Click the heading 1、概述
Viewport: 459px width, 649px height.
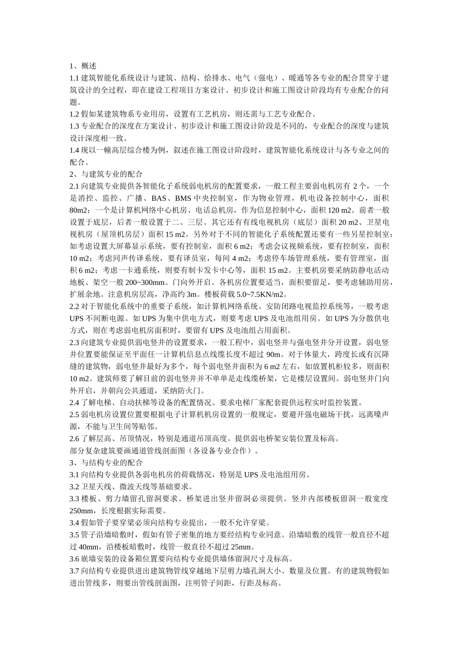coord(83,66)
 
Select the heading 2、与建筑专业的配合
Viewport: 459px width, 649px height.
coord(106,174)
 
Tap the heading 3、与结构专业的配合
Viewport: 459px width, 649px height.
coord(106,463)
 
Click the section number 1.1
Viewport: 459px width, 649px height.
coord(74,78)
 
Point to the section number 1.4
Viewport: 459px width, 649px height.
coord(74,150)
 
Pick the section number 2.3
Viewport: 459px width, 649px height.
coord(74,342)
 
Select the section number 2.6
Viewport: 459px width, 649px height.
coord(74,438)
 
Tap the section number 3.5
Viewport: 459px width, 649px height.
coord(74,535)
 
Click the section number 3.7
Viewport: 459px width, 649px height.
coord(74,571)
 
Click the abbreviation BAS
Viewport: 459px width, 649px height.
coord(158,198)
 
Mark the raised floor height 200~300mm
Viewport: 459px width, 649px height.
coord(140,282)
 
